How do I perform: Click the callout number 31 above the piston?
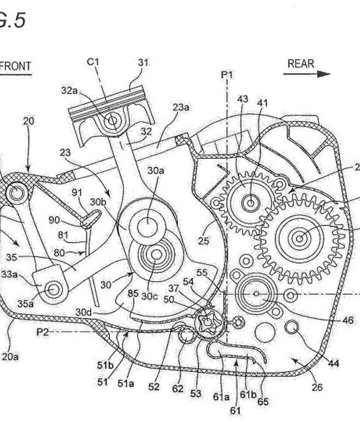(x=143, y=63)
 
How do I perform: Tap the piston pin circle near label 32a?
(x=112, y=120)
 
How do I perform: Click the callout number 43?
(x=242, y=100)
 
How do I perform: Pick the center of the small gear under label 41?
(x=249, y=202)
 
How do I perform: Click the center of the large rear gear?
(x=299, y=239)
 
